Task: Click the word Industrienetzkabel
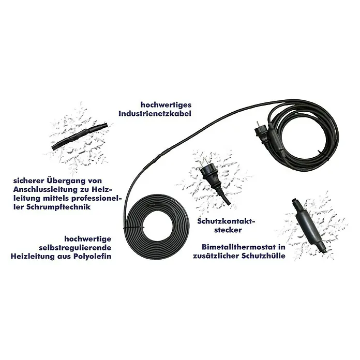(155, 114)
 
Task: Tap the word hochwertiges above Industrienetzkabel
(166, 105)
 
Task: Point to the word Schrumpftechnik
(58, 207)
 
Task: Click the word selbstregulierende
(75, 248)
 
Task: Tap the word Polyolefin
(92, 256)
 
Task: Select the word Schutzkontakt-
(227, 221)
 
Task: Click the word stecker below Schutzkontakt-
(228, 230)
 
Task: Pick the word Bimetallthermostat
(238, 247)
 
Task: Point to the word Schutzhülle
(263, 256)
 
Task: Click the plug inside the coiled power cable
(262, 136)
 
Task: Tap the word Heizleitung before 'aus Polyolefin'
(32, 256)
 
